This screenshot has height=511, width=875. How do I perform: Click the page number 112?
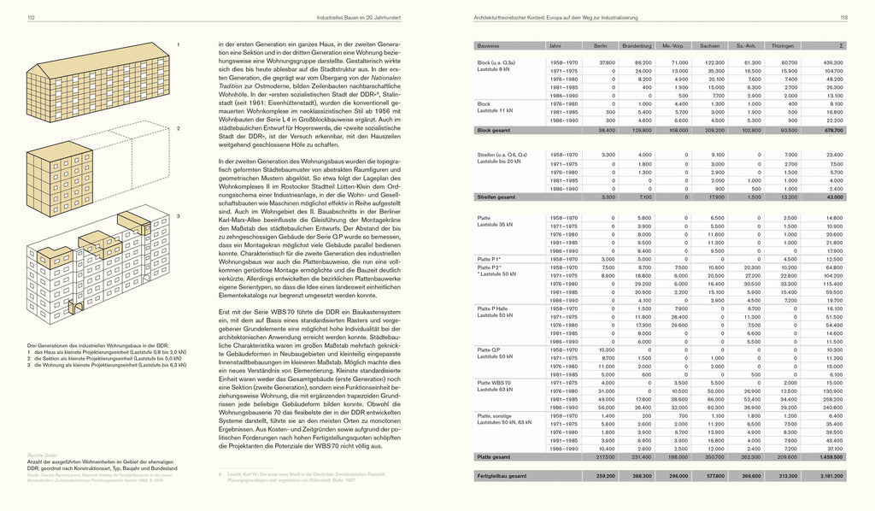31,17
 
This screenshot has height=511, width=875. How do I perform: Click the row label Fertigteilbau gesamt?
505,475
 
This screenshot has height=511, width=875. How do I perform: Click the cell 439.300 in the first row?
833,62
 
